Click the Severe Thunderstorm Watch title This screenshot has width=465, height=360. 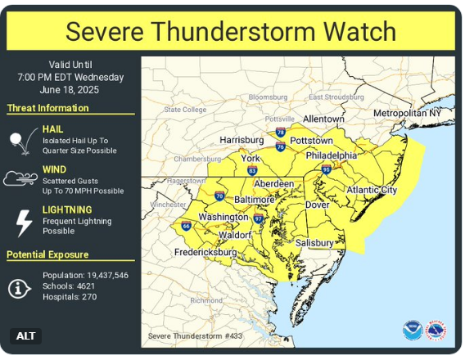(231, 31)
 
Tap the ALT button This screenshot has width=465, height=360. (25, 335)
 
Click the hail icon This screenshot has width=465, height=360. (20, 141)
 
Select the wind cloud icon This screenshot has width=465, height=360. (20, 178)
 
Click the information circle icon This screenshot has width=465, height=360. (20, 287)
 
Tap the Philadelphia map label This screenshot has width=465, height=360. (331, 155)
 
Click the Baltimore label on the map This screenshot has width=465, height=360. (254, 199)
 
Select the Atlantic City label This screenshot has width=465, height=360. (372, 190)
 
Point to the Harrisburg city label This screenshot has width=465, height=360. (242, 140)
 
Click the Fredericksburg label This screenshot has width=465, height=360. (205, 253)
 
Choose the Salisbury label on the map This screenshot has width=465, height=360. (314, 243)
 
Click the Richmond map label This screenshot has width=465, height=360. (205, 300)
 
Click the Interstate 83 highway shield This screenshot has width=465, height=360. (252, 170)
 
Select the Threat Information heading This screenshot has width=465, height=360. (48, 108)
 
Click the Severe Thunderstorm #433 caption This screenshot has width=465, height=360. (194, 335)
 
